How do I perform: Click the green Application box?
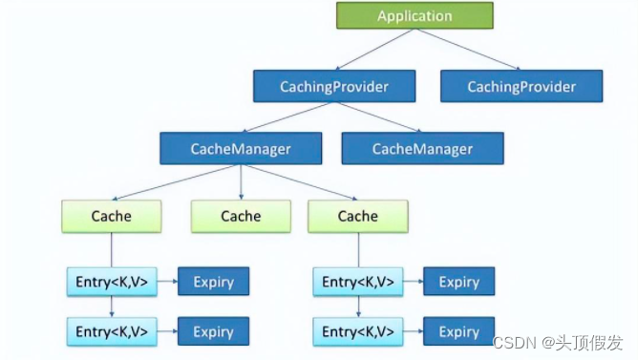[415, 15]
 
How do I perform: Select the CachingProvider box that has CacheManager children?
[334, 86]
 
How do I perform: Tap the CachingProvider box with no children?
[521, 86]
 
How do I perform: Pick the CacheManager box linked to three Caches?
[240, 149]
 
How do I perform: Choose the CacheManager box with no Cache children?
[422, 149]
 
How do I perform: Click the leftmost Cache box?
[111, 216]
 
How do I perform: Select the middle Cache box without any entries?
[240, 216]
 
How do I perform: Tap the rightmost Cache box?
[357, 216]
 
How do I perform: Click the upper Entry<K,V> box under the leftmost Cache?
[111, 282]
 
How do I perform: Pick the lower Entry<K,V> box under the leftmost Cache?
[111, 331]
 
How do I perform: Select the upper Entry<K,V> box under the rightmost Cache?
[357, 282]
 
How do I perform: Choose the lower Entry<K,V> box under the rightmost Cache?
[357, 331]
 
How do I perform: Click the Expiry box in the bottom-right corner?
[458, 331]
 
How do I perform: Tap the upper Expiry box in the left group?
[213, 282]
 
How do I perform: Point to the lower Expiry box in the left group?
[213, 331]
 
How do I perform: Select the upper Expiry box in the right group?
[458, 282]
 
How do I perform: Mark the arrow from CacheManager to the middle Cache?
[240, 181]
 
